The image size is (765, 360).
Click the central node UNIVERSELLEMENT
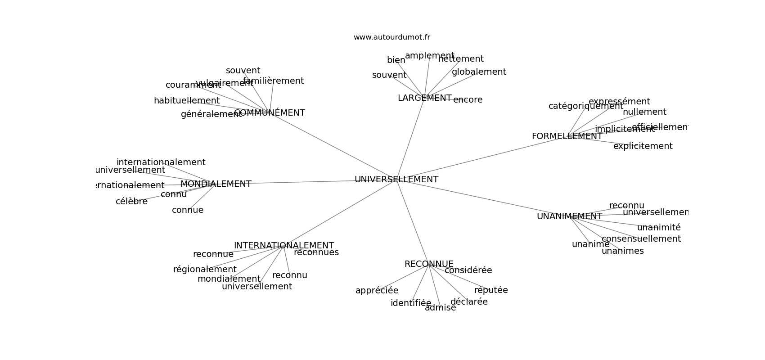396,180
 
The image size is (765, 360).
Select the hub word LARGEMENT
424,98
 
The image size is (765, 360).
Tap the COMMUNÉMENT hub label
270,113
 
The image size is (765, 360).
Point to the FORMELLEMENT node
567,136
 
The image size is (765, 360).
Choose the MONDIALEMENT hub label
216,184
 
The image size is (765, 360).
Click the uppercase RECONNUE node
429,264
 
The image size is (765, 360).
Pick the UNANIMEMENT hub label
569,216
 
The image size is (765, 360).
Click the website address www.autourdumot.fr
391,37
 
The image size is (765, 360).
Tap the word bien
396,60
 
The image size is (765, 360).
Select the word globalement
479,72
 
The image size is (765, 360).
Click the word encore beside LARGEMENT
468,100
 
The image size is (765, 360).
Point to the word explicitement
643,146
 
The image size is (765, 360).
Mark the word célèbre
131,202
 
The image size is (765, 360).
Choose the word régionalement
205,270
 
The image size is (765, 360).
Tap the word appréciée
377,291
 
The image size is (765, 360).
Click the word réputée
491,290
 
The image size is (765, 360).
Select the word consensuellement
641,239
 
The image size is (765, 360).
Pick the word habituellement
187,101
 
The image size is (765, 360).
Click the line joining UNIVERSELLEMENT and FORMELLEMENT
481,158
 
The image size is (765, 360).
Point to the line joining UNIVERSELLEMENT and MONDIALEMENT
306,182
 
